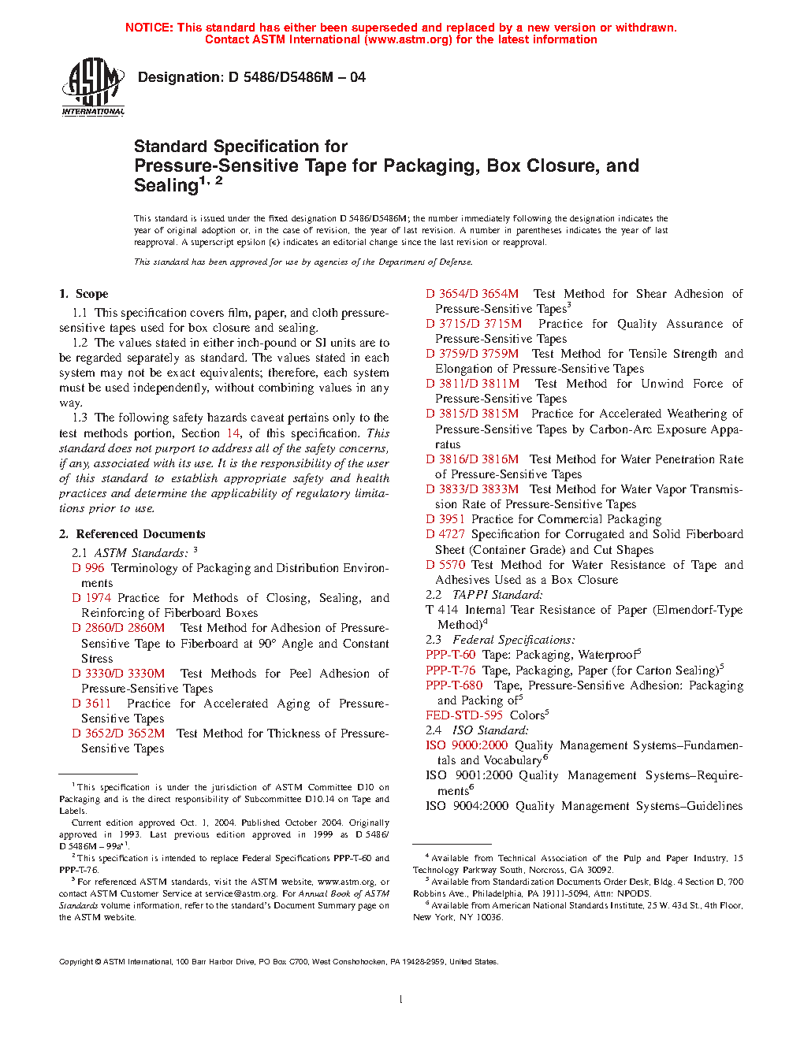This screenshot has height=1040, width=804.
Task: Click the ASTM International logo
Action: [x=93, y=87]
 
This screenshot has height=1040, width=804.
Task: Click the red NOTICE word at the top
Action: [x=149, y=28]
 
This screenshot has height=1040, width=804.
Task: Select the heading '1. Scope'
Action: [x=84, y=294]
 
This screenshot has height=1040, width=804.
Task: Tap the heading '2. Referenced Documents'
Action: [x=132, y=534]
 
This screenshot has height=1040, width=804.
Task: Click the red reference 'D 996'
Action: [x=88, y=568]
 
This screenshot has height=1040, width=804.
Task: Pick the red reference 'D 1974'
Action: [x=91, y=598]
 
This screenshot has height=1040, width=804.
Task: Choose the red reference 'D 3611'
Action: [x=91, y=704]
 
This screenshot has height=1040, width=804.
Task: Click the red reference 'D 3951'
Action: [x=445, y=519]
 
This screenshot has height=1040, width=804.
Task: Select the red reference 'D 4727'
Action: [x=445, y=534]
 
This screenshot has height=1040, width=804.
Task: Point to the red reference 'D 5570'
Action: [x=445, y=565]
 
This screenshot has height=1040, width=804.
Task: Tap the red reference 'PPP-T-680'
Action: [x=454, y=685]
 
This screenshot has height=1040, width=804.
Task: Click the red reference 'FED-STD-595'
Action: [x=464, y=715]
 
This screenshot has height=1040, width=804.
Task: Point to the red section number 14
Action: [x=233, y=433]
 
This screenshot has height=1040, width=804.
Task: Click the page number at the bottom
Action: [x=401, y=1000]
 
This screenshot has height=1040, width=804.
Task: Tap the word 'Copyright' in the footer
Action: [x=76, y=962]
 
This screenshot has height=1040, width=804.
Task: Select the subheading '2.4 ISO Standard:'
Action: [x=477, y=730]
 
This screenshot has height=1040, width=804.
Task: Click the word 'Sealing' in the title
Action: [x=166, y=186]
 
